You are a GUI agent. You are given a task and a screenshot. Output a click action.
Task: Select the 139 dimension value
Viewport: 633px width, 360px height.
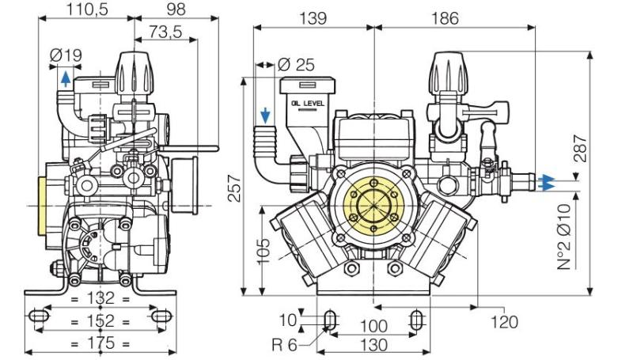[313, 17]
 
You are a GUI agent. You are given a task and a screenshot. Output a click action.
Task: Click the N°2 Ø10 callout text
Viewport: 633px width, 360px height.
[563, 237]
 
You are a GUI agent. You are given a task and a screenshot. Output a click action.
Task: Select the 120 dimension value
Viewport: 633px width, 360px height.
[503, 321]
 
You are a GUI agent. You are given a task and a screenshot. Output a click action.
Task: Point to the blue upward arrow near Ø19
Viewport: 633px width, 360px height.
[64, 77]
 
